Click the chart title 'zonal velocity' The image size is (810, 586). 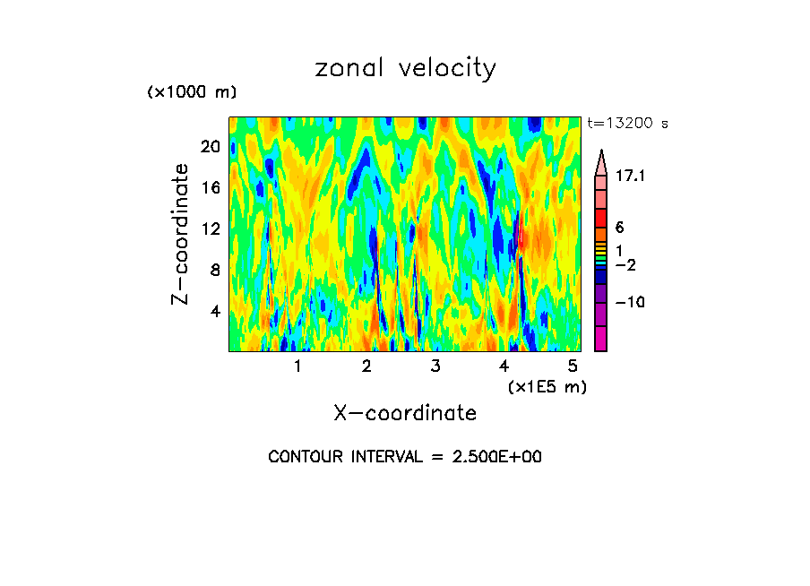405,68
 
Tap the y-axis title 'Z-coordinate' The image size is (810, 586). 181,234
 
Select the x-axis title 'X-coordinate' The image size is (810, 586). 405,413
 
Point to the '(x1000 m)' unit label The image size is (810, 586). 191,93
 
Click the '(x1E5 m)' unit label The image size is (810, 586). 547,386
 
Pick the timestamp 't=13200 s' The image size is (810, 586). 627,124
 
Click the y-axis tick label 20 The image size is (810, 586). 209,146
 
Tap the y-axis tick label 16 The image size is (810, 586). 209,187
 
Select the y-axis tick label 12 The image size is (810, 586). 209,228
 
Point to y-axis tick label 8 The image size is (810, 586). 214,270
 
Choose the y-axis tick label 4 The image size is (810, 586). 214,311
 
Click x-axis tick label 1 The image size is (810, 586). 297,366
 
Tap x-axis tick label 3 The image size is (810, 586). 435,366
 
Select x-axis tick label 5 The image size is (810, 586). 573,366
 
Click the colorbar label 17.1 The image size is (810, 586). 631,177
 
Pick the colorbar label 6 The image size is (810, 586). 619,228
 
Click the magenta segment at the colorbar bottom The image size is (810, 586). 600,340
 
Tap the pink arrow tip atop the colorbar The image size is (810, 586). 600,161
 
